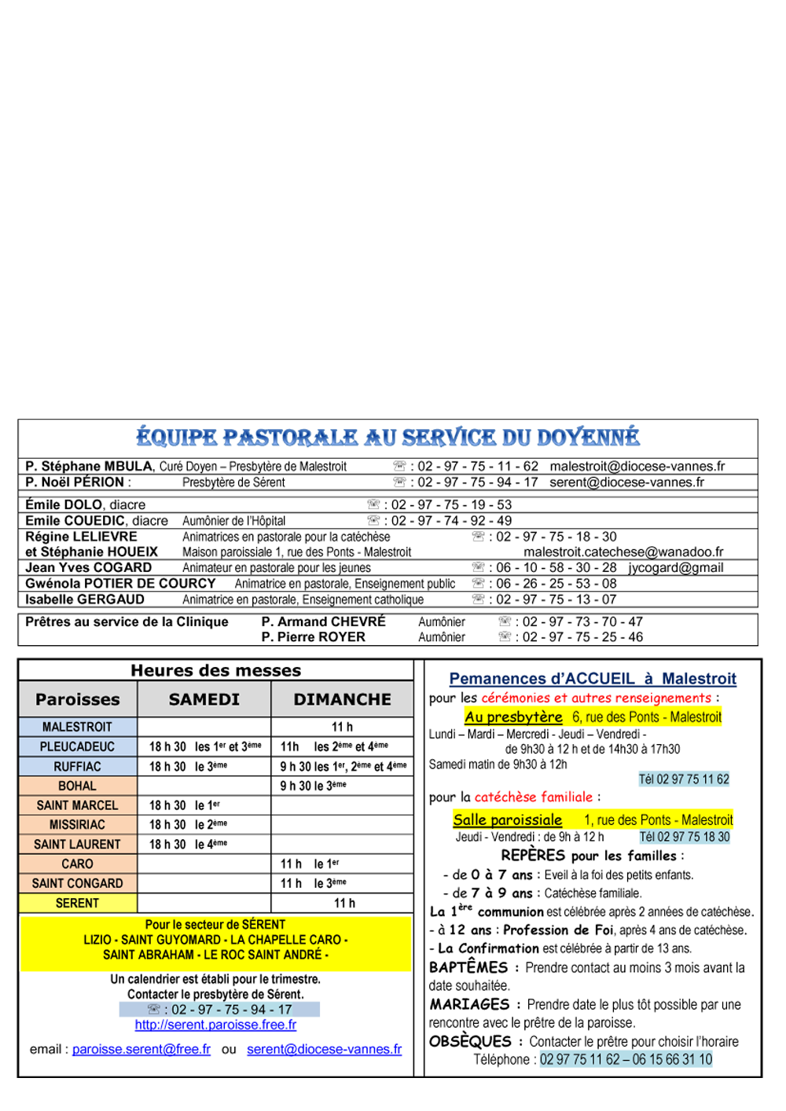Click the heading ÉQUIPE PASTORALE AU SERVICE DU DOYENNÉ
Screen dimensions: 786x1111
click(387, 438)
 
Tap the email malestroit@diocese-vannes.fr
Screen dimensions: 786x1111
click(637, 466)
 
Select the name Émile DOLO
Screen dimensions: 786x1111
click(64, 504)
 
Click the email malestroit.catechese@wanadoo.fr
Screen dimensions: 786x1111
click(623, 552)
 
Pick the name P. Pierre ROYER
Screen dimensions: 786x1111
click(313, 637)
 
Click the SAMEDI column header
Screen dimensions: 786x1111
click(204, 699)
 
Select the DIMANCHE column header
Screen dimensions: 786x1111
click(343, 699)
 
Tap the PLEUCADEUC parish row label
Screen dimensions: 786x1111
click(77, 747)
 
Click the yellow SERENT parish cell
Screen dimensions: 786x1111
click(77, 904)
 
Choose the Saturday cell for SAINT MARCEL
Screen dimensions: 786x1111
click(204, 805)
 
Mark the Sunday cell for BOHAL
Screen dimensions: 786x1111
click(343, 786)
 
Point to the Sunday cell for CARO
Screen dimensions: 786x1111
click(343, 864)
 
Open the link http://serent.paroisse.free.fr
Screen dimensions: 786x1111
click(215, 1025)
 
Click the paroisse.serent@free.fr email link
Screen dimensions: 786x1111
click(141, 1050)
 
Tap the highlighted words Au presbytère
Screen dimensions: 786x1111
click(513, 717)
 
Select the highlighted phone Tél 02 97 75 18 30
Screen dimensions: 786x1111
click(685, 838)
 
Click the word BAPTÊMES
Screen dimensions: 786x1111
click(468, 968)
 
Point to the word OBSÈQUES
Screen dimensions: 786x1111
click(470, 1042)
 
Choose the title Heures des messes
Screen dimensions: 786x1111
click(216, 670)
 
